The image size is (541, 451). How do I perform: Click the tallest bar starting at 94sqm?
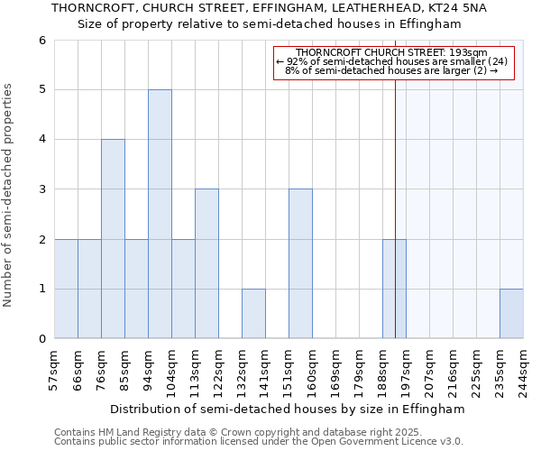point(160,214)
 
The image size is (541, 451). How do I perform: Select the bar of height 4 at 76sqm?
point(113,239)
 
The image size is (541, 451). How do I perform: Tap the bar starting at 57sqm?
point(66,289)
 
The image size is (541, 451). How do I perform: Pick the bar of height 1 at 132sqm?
point(253,314)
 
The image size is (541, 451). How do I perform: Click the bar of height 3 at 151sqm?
point(300,263)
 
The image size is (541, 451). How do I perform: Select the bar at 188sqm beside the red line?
point(394,289)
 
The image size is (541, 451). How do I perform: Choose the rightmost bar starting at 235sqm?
point(511,314)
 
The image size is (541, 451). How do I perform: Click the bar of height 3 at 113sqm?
point(206,263)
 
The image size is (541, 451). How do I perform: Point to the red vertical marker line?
point(395,198)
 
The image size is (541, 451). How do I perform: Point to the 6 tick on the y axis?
point(41,41)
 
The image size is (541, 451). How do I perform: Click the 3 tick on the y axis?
point(41,189)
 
